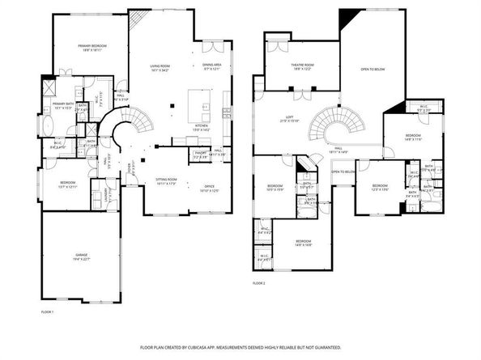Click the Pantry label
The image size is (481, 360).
200,152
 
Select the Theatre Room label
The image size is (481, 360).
302,66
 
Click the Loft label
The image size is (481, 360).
289,118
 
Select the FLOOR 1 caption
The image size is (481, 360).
47,311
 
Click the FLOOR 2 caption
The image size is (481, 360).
258,284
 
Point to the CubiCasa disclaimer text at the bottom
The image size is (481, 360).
240,347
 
